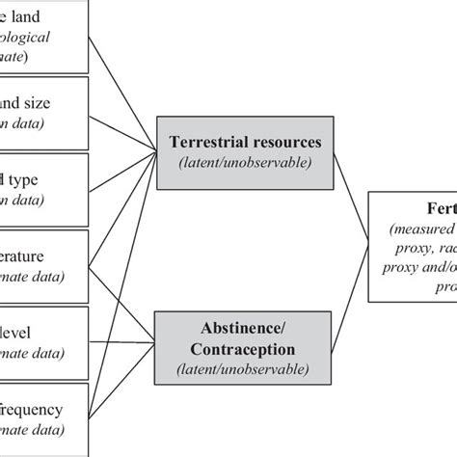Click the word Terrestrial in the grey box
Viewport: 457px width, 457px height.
(200, 142)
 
